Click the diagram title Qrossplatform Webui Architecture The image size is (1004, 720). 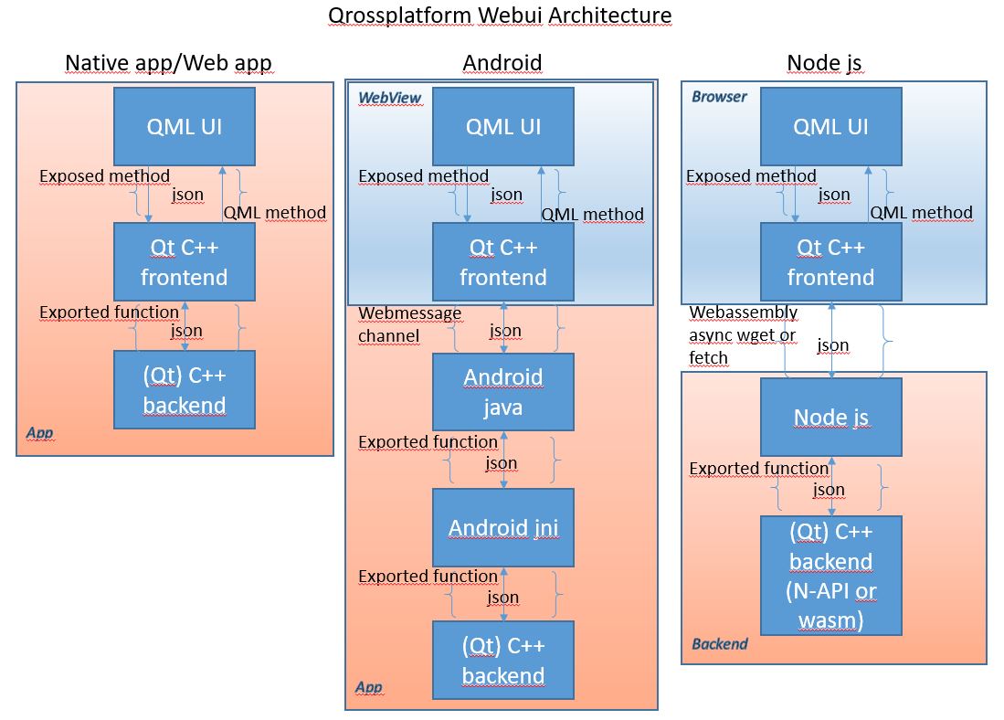pos(500,16)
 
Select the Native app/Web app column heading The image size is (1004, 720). pos(168,63)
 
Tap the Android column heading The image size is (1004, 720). pos(502,63)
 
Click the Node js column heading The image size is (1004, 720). pos(824,63)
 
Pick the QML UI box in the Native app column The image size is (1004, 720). pos(185,126)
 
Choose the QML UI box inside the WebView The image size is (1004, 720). pos(503,126)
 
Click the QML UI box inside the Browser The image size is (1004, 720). pos(830,126)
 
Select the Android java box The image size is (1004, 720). pos(503,392)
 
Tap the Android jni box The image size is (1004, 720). pos(503,527)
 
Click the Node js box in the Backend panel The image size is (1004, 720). pos(830,418)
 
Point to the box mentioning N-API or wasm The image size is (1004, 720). pos(830,576)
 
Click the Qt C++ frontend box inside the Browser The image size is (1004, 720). pos(830,262)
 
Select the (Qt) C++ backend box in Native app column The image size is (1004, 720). pos(185,390)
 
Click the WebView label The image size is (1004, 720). pos(389,98)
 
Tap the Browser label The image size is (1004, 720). pos(719,97)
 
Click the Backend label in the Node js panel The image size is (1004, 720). pos(719,644)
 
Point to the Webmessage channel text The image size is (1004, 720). pos(409,324)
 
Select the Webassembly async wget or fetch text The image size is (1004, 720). pos(743,335)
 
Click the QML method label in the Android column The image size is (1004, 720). pos(592,215)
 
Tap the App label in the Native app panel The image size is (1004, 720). pos(39,433)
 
